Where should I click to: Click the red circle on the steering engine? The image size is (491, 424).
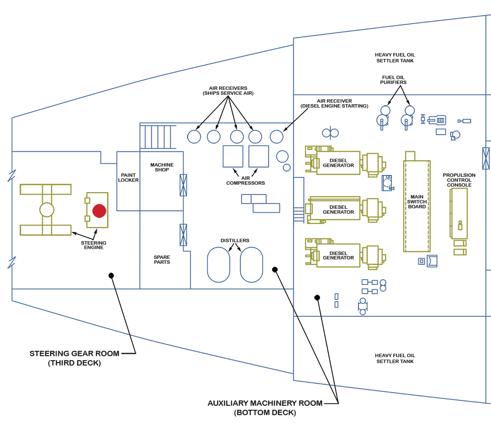click(100, 211)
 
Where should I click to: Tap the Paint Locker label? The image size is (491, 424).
click(128, 178)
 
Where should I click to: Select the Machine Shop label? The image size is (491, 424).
click(162, 168)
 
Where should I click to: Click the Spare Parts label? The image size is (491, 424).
click(162, 259)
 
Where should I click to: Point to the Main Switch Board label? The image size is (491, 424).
click(417, 202)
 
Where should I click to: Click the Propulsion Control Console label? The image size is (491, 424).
click(459, 180)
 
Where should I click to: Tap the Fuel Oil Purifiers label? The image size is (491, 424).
click(393, 80)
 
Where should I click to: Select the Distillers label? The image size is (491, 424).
click(235, 241)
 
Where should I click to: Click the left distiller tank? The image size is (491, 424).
click(218, 264)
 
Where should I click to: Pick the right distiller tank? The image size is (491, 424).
click(251, 264)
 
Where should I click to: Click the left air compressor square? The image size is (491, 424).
click(233, 156)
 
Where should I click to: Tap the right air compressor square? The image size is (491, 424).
click(259, 156)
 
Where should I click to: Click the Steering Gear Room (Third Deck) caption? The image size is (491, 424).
click(75, 358)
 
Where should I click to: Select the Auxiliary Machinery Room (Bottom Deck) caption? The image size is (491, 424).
click(265, 408)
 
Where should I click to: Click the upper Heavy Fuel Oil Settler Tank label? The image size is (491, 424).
click(395, 58)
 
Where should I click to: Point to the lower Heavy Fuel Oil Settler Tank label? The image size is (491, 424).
click(395, 358)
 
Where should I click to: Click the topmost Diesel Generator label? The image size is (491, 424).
click(338, 163)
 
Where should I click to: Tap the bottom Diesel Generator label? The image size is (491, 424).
click(338, 255)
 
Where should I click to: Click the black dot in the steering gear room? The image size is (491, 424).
click(111, 276)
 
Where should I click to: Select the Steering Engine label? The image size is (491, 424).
click(94, 245)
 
